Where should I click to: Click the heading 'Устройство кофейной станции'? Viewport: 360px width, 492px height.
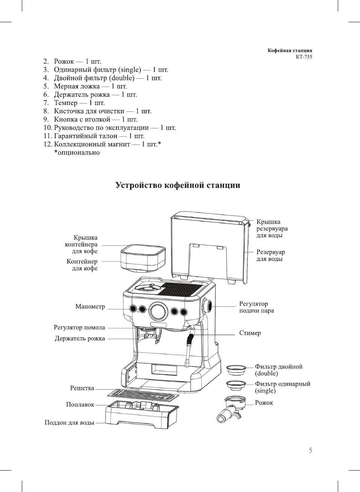pyautogui.click(x=178, y=185)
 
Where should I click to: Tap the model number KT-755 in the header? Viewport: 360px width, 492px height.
pyautogui.click(x=304, y=57)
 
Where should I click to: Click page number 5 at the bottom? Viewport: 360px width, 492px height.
pyautogui.click(x=310, y=450)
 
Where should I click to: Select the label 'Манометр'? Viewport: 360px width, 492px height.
pyautogui.click(x=90, y=306)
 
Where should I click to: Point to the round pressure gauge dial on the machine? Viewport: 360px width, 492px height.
pyautogui.click(x=158, y=311)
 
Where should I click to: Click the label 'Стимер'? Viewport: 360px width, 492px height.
pyautogui.click(x=250, y=333)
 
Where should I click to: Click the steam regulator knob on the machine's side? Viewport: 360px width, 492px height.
pyautogui.click(x=207, y=307)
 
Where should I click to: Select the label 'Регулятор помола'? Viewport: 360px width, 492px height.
pyautogui.click(x=79, y=327)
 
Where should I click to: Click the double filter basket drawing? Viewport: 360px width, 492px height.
pyautogui.click(x=236, y=370)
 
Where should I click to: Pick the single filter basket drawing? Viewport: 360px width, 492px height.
pyautogui.click(x=236, y=386)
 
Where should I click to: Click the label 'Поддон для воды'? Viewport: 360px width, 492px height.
pyautogui.click(x=69, y=422)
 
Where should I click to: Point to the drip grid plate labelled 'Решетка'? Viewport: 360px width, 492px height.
pyautogui.click(x=142, y=395)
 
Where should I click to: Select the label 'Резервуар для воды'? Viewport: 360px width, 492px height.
pyautogui.click(x=270, y=255)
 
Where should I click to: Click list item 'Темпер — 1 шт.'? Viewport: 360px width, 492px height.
pyautogui.click(x=79, y=103)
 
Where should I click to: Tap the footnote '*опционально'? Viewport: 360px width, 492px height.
pyautogui.click(x=77, y=152)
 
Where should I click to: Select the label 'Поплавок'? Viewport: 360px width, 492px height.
pyautogui.click(x=80, y=404)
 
